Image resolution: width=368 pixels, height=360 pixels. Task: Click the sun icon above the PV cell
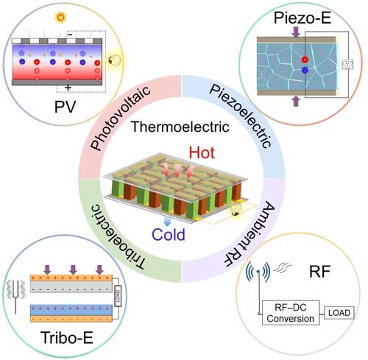point(60,18)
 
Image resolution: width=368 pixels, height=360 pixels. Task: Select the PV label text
point(66,107)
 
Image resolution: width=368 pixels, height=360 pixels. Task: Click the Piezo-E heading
point(302,18)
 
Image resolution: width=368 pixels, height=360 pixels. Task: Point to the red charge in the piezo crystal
point(305,60)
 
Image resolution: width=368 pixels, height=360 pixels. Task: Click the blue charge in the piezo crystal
point(305,71)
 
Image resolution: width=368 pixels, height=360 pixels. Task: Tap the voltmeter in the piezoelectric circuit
point(348,64)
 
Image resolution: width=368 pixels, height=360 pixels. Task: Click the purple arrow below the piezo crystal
point(297,101)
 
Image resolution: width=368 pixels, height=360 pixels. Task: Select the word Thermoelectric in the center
point(180,127)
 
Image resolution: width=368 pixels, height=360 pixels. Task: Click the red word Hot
point(202,152)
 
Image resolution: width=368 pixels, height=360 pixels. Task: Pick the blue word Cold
point(169,234)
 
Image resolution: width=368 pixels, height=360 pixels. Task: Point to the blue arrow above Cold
point(167,221)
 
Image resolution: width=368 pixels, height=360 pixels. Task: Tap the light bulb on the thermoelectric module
point(236,209)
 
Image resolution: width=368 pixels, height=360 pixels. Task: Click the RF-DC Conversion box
point(291,313)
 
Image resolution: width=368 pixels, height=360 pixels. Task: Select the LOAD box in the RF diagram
point(339,313)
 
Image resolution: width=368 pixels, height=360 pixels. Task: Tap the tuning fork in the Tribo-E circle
point(15,296)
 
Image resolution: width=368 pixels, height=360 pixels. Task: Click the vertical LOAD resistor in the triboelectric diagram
point(118,296)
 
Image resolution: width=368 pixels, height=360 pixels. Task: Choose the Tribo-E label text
point(67,337)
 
